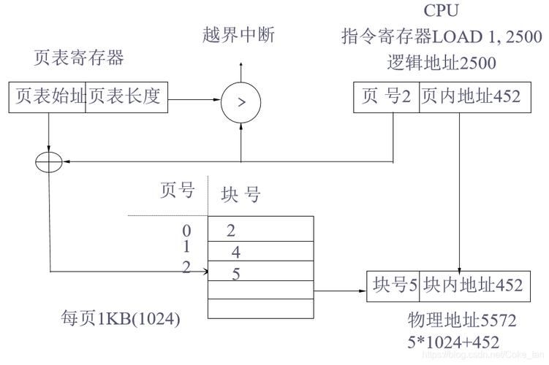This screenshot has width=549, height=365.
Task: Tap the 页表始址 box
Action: tap(48, 96)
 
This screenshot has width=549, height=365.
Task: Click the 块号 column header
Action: tap(241, 194)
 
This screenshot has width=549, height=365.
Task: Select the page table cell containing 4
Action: tap(261, 252)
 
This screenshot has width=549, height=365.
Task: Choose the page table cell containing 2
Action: tap(261, 231)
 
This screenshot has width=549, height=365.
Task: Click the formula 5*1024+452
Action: tap(454, 341)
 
